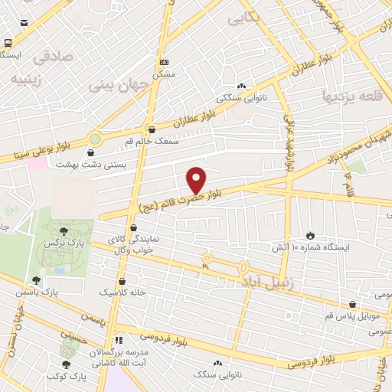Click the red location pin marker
[196, 180]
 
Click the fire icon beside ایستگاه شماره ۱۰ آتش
[310, 234]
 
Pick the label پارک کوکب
[64, 377]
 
